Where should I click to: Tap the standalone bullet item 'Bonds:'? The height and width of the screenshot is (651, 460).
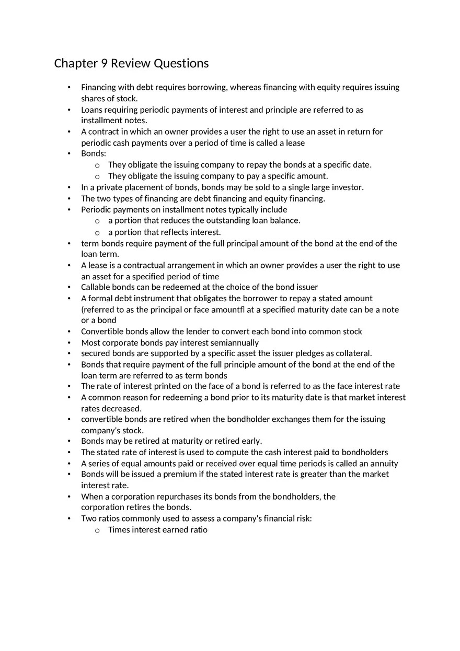pos(94,153)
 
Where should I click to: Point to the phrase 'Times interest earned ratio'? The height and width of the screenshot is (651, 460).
pos(157,529)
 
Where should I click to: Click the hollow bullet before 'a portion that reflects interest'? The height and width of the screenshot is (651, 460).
pos(97,232)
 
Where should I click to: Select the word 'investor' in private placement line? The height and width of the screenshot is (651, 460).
pos(346,187)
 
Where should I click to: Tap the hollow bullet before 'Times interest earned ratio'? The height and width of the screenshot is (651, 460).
pos(97,530)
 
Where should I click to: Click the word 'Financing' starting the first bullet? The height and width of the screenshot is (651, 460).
pos(98,87)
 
